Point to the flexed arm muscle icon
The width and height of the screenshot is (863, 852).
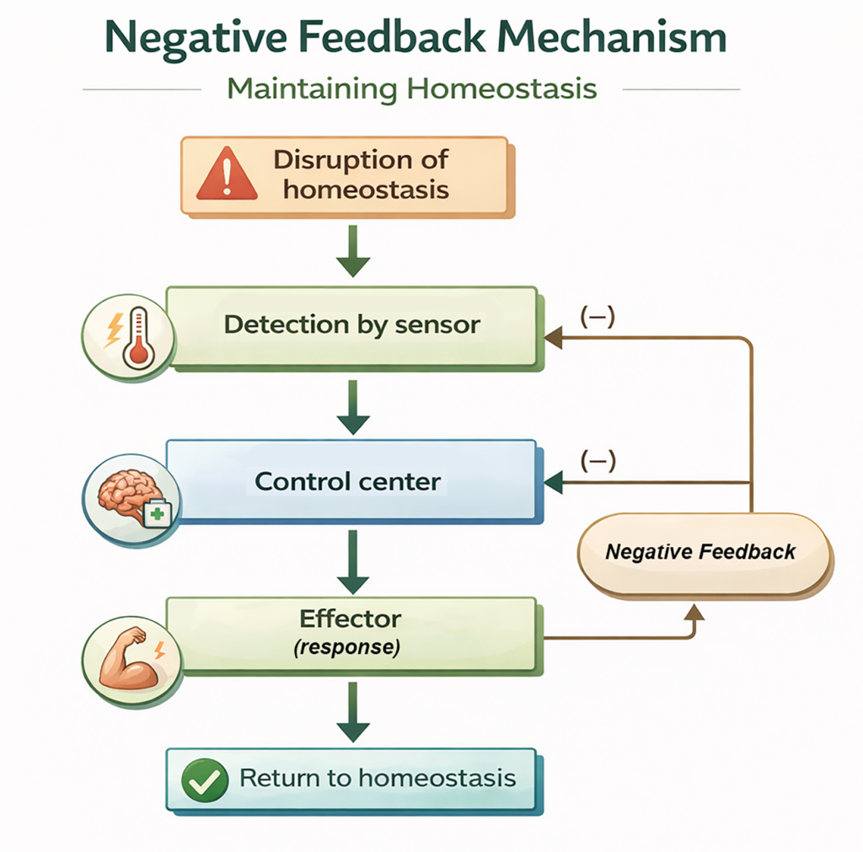(x=126, y=653)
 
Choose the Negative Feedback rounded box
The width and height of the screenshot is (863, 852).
(x=701, y=552)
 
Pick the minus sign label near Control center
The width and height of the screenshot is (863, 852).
(x=598, y=461)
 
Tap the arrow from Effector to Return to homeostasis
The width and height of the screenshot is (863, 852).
(x=353, y=714)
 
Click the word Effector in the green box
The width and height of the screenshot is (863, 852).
(x=351, y=619)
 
